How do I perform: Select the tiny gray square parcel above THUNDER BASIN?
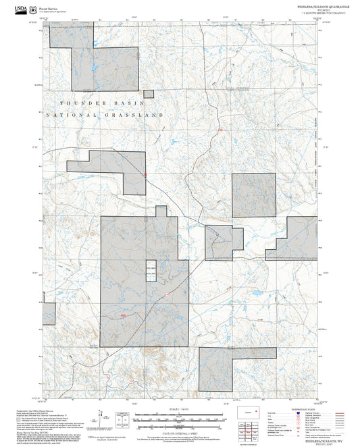[x=149, y=94]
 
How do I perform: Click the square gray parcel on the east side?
[x=254, y=194]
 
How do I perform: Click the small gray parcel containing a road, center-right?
[x=223, y=242]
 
